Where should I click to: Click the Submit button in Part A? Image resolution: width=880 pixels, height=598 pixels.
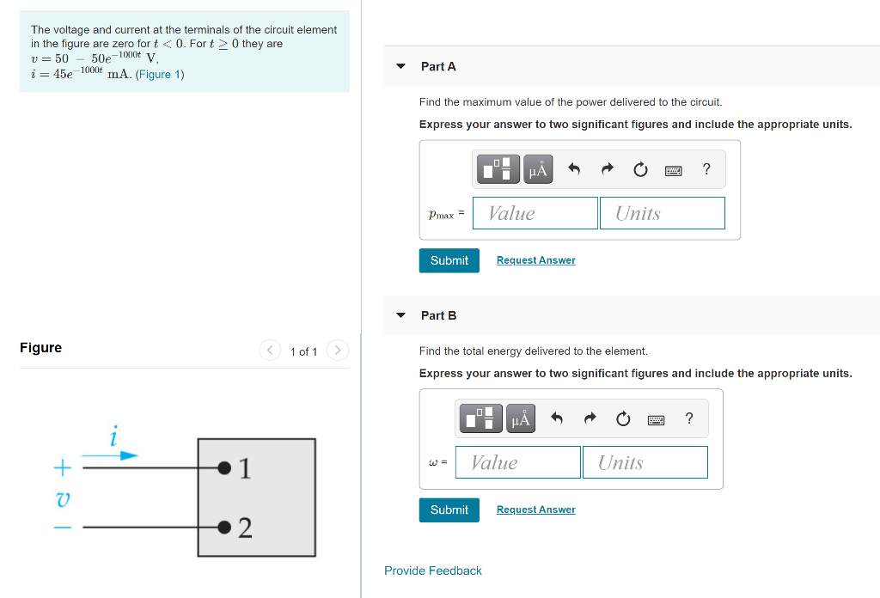(x=449, y=260)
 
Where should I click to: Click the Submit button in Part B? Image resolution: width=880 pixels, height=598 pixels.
(x=449, y=510)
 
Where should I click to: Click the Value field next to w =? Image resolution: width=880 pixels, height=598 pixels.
(x=517, y=462)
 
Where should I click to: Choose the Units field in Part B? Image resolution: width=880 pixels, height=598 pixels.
(x=645, y=462)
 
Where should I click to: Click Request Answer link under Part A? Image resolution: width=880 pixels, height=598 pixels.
(x=535, y=260)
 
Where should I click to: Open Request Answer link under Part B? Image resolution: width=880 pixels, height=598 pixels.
(x=535, y=510)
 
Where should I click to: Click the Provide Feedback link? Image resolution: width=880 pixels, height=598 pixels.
(x=432, y=571)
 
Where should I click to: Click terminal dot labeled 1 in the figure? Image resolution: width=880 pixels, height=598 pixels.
(x=224, y=467)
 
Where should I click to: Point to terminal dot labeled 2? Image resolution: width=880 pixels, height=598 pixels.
(x=224, y=526)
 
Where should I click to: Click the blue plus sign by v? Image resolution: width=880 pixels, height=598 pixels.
(x=61, y=468)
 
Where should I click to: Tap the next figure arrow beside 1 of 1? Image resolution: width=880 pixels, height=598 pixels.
(x=338, y=351)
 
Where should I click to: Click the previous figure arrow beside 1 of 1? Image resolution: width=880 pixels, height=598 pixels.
(x=270, y=351)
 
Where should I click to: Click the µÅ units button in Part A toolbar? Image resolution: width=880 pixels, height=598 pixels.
(x=538, y=170)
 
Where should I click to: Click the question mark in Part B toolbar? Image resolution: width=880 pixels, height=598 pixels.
(x=688, y=419)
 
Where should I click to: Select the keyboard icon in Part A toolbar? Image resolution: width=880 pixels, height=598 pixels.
(x=674, y=170)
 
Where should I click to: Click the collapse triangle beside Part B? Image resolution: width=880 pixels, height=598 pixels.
(x=400, y=315)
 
